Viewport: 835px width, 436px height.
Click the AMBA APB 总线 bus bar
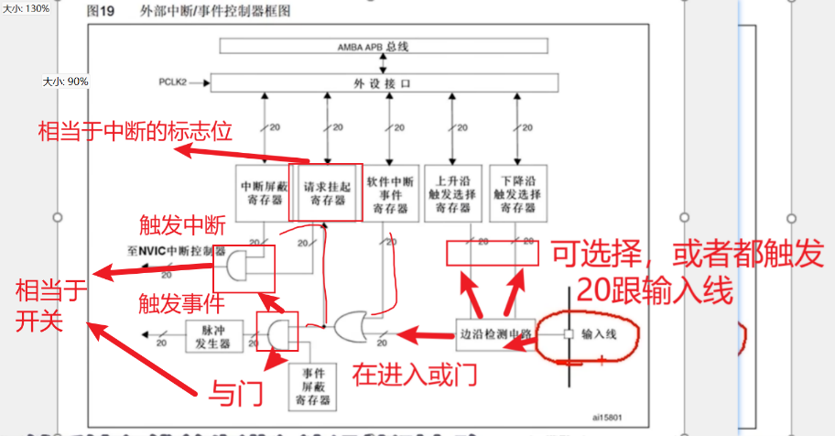point(384,46)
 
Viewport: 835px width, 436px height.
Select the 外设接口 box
point(384,83)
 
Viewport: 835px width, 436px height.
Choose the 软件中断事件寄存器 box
point(391,192)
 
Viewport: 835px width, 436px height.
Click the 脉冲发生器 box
point(214,335)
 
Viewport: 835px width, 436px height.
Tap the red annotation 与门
point(236,393)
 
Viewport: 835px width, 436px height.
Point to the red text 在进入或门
point(414,373)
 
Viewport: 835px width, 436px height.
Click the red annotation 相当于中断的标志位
point(135,131)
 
